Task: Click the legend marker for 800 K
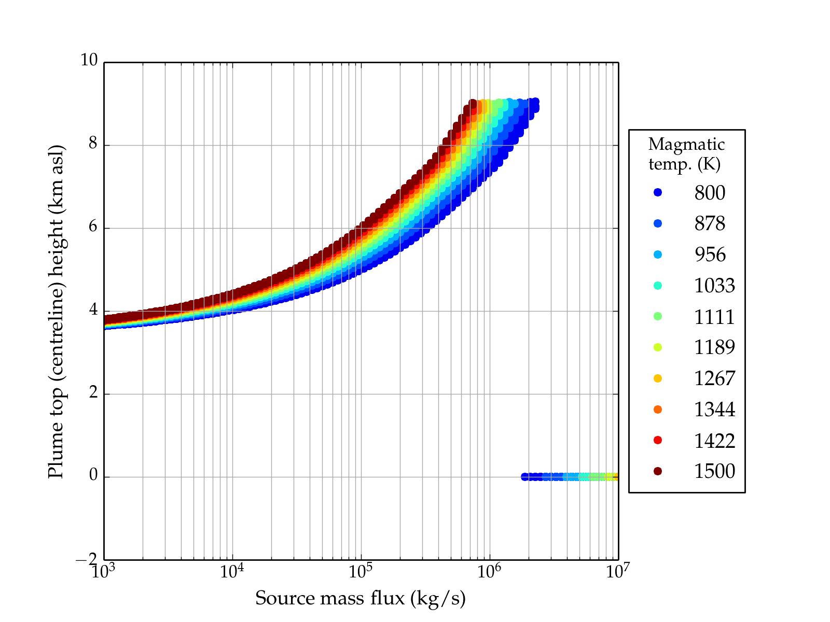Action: tap(658, 192)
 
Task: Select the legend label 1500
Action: tap(714, 471)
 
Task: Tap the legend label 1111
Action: tap(714, 316)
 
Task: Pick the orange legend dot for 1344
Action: tap(658, 409)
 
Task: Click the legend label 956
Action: tap(710, 255)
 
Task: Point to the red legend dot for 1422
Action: tap(658, 440)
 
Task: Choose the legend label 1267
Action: tap(714, 378)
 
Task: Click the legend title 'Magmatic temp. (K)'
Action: tap(686, 154)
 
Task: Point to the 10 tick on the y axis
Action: tap(89, 60)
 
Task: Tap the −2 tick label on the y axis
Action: tap(87, 560)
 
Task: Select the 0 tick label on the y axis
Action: tap(93, 475)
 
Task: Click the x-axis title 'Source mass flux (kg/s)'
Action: tap(361, 598)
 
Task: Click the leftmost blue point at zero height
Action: tap(525, 477)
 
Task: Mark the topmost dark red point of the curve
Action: tap(473, 103)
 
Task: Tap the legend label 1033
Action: tap(714, 286)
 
